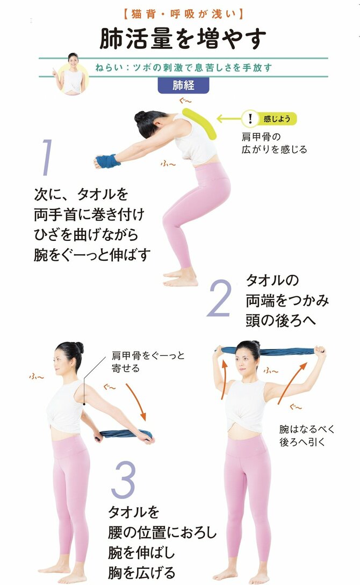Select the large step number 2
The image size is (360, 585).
[x=219, y=298]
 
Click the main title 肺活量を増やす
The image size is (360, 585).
[x=183, y=39]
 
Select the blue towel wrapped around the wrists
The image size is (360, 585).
[x=108, y=161]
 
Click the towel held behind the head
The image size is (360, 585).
[x=269, y=352]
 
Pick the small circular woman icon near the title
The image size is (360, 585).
[x=73, y=73]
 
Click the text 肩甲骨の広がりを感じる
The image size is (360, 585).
[x=274, y=142]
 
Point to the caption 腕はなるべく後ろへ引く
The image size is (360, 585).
[x=307, y=436]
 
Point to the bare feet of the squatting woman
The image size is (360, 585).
[x=182, y=277]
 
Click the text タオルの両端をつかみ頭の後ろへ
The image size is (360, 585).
[x=287, y=299]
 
